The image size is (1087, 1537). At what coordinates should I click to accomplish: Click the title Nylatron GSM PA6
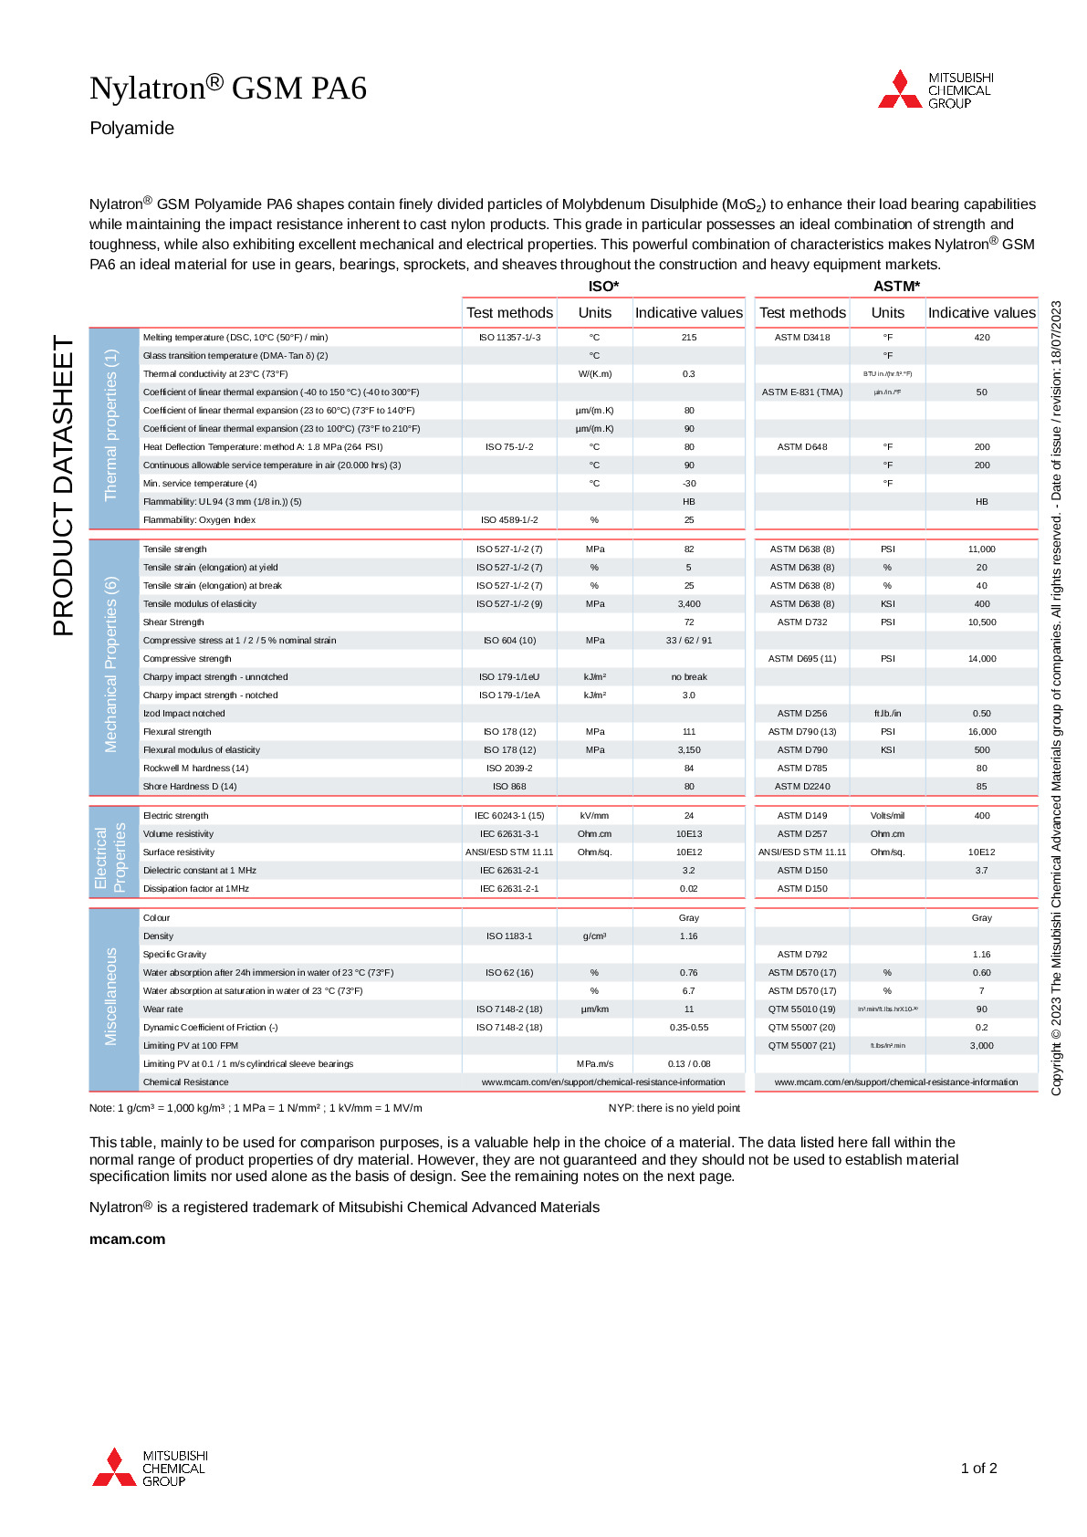coord(228,89)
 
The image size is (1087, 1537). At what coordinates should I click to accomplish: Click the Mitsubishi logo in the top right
coord(935,90)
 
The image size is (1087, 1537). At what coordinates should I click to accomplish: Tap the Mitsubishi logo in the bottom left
coord(150,1468)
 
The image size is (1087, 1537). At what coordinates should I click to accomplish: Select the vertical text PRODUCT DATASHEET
coord(63,486)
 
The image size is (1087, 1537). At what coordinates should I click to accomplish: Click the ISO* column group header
coord(603,287)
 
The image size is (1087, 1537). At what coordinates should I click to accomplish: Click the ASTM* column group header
coord(896,287)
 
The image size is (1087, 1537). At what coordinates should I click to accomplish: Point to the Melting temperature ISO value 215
coord(689,338)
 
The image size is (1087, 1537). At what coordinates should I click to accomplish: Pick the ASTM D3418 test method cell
coord(802,338)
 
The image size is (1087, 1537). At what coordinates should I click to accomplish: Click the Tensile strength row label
coord(175,549)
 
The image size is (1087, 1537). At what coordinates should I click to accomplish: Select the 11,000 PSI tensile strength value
coord(982,549)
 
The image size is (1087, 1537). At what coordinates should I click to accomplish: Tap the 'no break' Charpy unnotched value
coord(689,677)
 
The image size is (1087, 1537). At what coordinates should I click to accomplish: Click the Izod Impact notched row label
coord(183,714)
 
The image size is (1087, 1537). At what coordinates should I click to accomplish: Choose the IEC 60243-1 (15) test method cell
coord(509,816)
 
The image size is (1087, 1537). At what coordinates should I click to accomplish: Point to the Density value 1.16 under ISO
coord(689,936)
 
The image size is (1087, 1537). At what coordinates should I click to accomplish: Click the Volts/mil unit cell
coord(887,816)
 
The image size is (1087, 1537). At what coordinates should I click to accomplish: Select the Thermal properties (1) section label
coord(111,425)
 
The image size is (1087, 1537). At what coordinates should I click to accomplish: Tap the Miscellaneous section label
coord(111,997)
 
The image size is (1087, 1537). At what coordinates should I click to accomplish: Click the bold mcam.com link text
coord(128,1239)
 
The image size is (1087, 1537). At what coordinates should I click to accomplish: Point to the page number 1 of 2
coord(978,1469)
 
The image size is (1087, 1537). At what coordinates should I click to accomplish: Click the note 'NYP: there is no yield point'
coord(674,1108)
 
